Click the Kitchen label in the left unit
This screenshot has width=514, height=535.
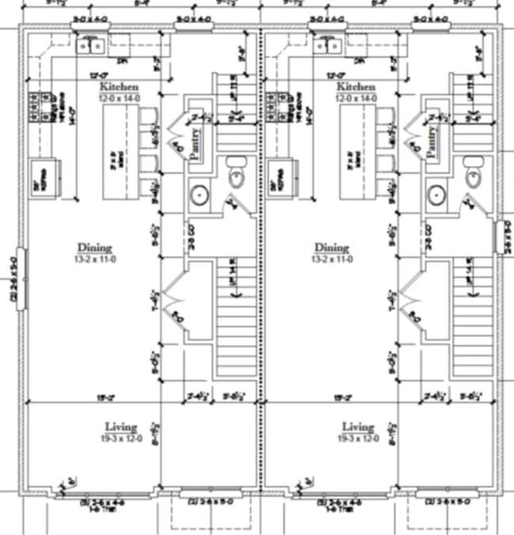(119, 86)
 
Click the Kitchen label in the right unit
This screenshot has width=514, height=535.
(355, 86)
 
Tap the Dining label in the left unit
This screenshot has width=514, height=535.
(94, 247)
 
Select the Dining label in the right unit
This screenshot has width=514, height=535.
(331, 247)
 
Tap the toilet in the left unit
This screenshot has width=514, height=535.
(236, 175)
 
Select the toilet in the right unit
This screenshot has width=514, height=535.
(473, 175)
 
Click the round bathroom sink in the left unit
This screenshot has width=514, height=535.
(199, 194)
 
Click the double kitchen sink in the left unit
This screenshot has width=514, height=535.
(89, 46)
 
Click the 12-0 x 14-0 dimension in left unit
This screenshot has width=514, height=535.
(119, 97)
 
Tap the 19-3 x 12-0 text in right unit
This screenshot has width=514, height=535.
(357, 438)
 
